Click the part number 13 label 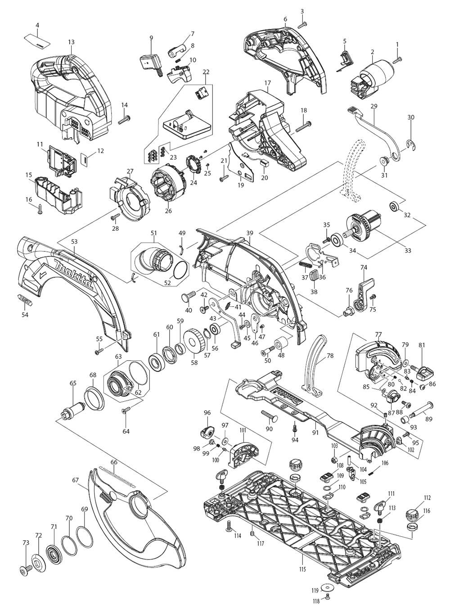click(71, 42)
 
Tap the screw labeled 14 click(124, 120)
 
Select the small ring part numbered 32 click(393, 206)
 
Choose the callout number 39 click(250, 233)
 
